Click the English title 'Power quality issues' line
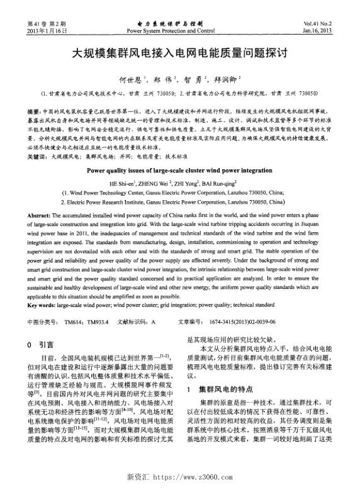pos(179,169)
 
